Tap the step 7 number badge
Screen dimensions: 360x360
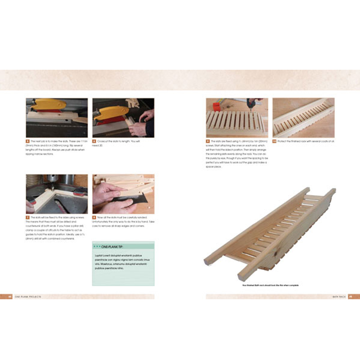pyautogui.click(x=27, y=217)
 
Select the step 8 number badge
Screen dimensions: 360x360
pyautogui.click(x=94, y=217)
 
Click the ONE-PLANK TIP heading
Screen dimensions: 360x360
pyautogui.click(x=108, y=247)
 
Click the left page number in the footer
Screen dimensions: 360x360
pyautogui.click(x=10, y=297)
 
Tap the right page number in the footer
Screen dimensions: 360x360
pyautogui.click(x=351, y=297)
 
